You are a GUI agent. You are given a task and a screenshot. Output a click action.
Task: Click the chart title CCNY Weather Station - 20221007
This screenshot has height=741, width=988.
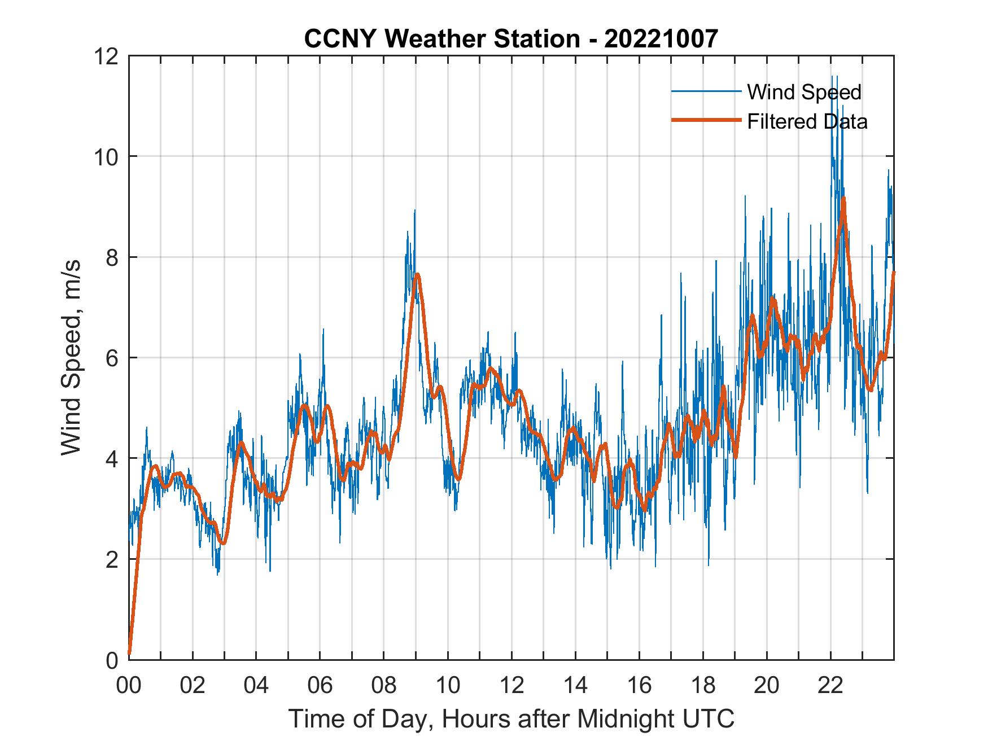tap(511, 39)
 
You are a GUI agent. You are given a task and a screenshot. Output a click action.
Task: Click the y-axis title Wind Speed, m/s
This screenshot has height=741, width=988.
tap(71, 357)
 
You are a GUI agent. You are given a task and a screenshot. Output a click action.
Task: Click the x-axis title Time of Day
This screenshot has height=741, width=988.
tap(511, 718)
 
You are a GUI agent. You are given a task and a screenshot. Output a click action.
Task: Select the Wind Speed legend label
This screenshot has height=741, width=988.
tap(804, 92)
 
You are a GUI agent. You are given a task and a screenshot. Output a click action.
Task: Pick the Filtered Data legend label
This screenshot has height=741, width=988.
tap(807, 121)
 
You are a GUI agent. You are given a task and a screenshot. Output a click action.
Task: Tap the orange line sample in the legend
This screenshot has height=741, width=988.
tap(706, 121)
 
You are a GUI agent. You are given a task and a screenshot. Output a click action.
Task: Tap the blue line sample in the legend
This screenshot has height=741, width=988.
tap(706, 91)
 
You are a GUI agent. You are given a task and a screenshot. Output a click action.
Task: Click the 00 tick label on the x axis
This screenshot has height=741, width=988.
tap(129, 685)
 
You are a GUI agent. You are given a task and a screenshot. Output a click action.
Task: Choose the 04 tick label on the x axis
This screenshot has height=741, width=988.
tap(256, 685)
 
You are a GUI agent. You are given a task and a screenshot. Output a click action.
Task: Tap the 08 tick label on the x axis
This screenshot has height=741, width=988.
tap(384, 685)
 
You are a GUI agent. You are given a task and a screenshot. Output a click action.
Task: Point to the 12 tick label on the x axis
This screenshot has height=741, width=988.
tap(512, 685)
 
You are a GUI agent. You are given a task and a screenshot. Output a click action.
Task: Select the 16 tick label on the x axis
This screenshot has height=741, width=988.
tap(639, 685)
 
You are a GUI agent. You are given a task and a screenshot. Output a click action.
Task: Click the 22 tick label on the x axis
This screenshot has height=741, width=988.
tap(830, 685)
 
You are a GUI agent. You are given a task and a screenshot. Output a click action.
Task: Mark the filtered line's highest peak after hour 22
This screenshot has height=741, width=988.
tap(843, 198)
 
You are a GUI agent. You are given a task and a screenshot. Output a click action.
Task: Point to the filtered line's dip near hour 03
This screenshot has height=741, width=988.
tap(224, 543)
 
